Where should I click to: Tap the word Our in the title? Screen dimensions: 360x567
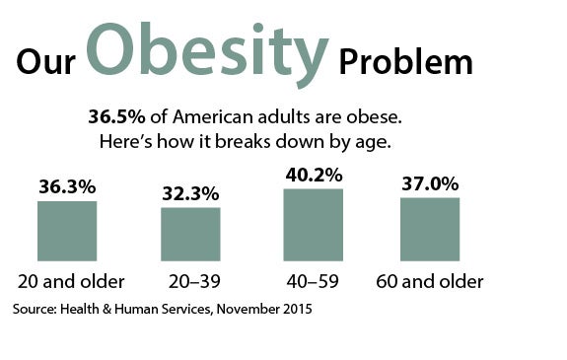(49, 62)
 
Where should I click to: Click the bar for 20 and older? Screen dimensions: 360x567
(66, 231)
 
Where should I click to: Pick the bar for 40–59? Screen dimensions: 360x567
(314, 225)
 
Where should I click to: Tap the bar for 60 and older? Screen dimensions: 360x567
(430, 229)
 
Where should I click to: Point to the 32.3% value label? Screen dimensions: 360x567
(190, 193)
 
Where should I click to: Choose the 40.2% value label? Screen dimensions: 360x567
(314, 175)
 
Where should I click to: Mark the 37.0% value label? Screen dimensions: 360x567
(430, 183)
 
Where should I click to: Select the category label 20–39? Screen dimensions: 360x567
(190, 282)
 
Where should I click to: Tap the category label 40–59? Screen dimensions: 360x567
(314, 282)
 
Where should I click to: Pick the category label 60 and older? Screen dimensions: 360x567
(430, 282)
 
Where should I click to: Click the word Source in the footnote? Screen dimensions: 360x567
(35, 309)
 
